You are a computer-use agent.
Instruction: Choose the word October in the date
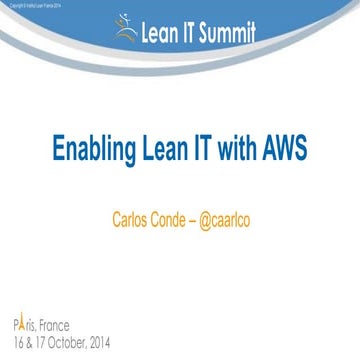click(x=75, y=342)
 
